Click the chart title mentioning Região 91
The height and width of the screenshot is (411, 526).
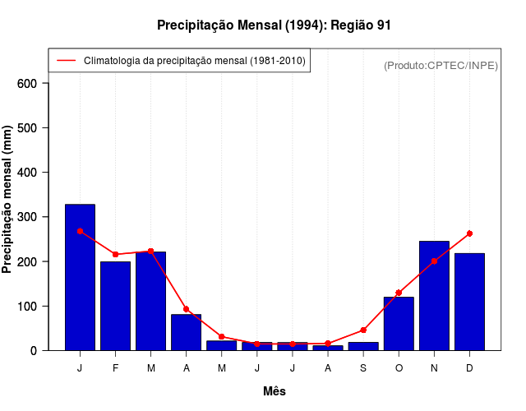(x=274, y=25)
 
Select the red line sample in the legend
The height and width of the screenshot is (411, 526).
(x=66, y=61)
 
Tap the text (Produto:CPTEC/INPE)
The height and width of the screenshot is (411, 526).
(x=441, y=65)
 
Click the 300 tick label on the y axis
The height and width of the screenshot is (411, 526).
(x=26, y=217)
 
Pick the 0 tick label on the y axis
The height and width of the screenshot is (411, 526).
(x=33, y=351)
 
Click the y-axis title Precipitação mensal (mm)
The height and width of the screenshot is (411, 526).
(x=8, y=200)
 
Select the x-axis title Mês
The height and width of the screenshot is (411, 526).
(x=275, y=391)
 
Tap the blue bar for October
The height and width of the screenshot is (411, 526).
(x=399, y=323)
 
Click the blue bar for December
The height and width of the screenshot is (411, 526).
(x=469, y=302)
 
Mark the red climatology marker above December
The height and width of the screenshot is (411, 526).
(x=469, y=233)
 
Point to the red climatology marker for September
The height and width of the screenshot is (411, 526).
(x=363, y=330)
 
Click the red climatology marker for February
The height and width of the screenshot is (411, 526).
(x=115, y=254)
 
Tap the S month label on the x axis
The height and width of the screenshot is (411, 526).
(x=363, y=368)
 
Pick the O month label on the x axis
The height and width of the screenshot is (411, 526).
(x=399, y=368)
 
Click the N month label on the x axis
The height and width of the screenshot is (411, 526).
(x=434, y=368)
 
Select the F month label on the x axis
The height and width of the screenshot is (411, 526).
(x=115, y=368)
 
